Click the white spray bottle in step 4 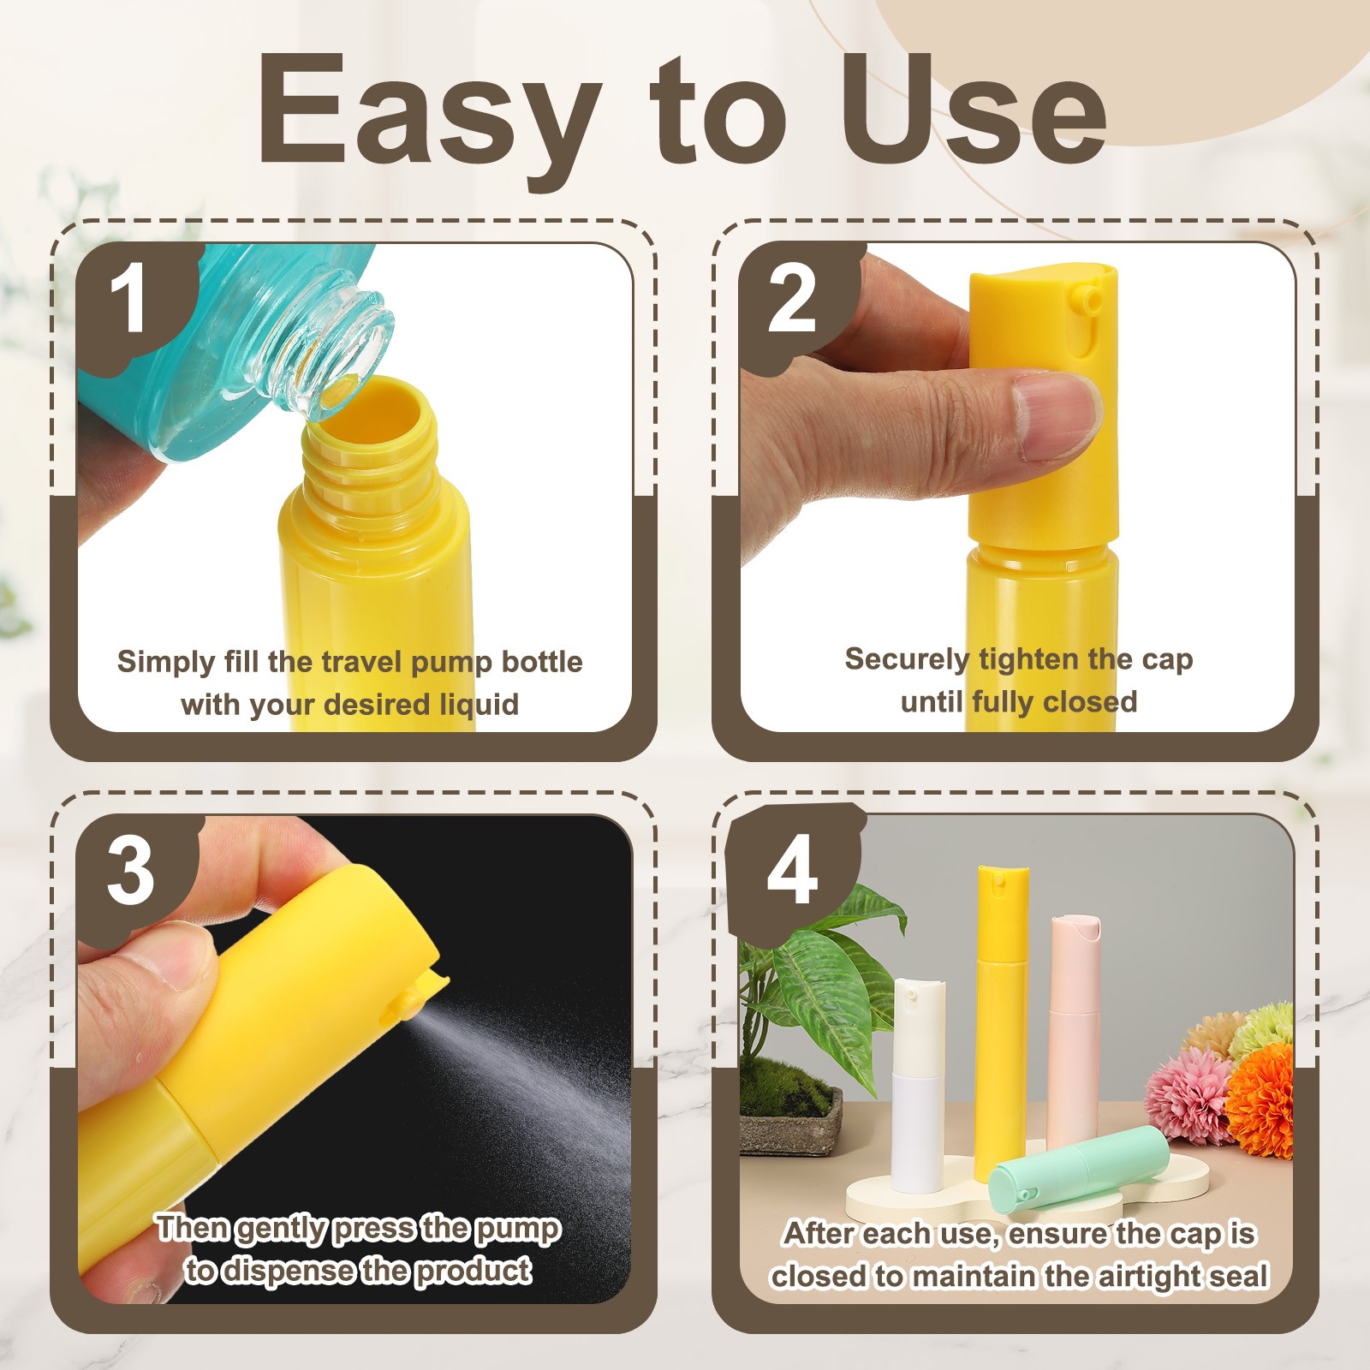tap(918, 1087)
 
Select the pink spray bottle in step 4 tap(1074, 1027)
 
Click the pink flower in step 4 tap(1186, 1096)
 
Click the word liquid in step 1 tap(479, 705)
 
